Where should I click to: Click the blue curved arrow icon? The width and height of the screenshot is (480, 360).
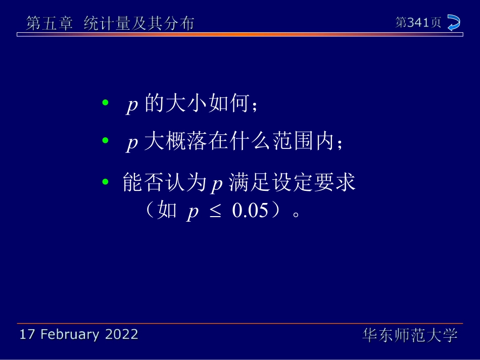pyautogui.click(x=454, y=23)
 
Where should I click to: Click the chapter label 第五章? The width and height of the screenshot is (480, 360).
pyautogui.click(x=50, y=23)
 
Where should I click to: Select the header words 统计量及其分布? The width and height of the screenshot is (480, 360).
pyautogui.click(x=138, y=23)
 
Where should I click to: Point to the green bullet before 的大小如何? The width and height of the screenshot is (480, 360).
pyautogui.click(x=105, y=103)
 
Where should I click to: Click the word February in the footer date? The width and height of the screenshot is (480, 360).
pyautogui.click(x=69, y=334)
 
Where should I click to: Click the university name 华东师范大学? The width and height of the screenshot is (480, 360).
pyautogui.click(x=410, y=335)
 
